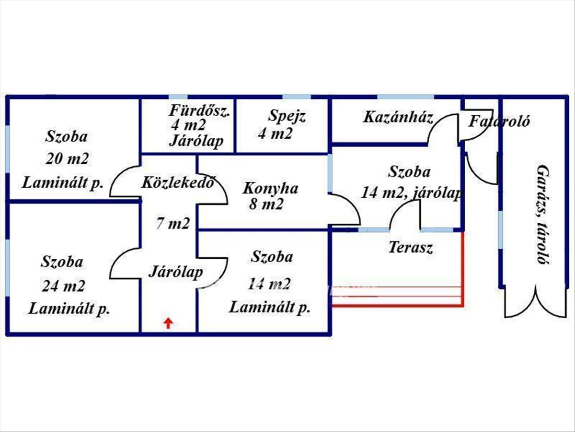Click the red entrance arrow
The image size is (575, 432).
click(x=168, y=323)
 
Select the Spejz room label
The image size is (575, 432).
click(x=287, y=116)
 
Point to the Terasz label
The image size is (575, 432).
click(x=411, y=248)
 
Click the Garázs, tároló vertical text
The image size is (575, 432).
click(x=542, y=215)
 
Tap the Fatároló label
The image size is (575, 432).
click(x=499, y=121)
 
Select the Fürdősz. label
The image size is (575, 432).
click(x=200, y=111)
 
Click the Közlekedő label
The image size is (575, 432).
click(x=177, y=182)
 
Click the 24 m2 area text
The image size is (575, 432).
click(x=63, y=287)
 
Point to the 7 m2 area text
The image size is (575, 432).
click(x=173, y=223)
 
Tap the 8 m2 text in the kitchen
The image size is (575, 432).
click(x=266, y=204)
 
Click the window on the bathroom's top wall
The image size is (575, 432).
click(x=178, y=97)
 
